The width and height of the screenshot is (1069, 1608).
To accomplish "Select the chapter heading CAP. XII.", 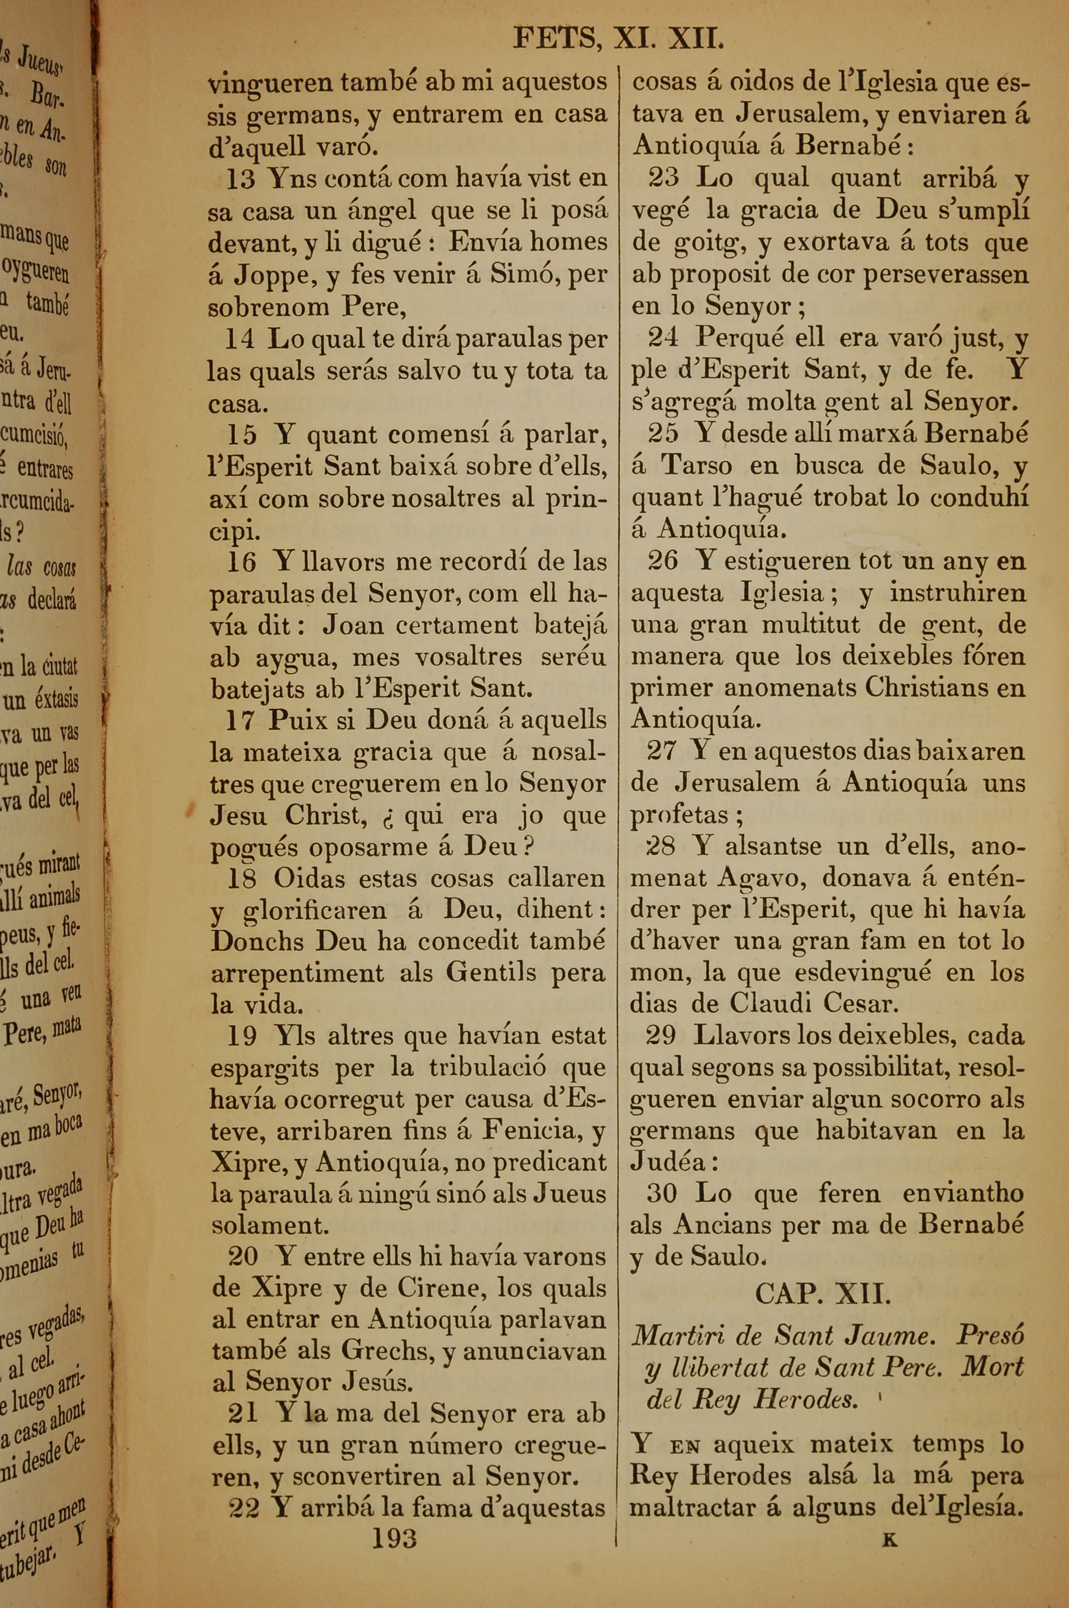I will (x=823, y=1293).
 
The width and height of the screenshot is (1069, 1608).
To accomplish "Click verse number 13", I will (x=240, y=179).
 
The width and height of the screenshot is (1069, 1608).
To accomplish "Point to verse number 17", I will (x=240, y=721).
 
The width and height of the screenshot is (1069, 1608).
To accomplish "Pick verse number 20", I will (x=242, y=1256).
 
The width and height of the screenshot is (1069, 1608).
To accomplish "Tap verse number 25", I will (x=663, y=434).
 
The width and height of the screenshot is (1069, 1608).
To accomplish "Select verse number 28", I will (x=660, y=847).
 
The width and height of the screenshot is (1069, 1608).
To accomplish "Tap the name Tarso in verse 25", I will (x=697, y=465).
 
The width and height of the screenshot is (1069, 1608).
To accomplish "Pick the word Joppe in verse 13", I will (x=270, y=275).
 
